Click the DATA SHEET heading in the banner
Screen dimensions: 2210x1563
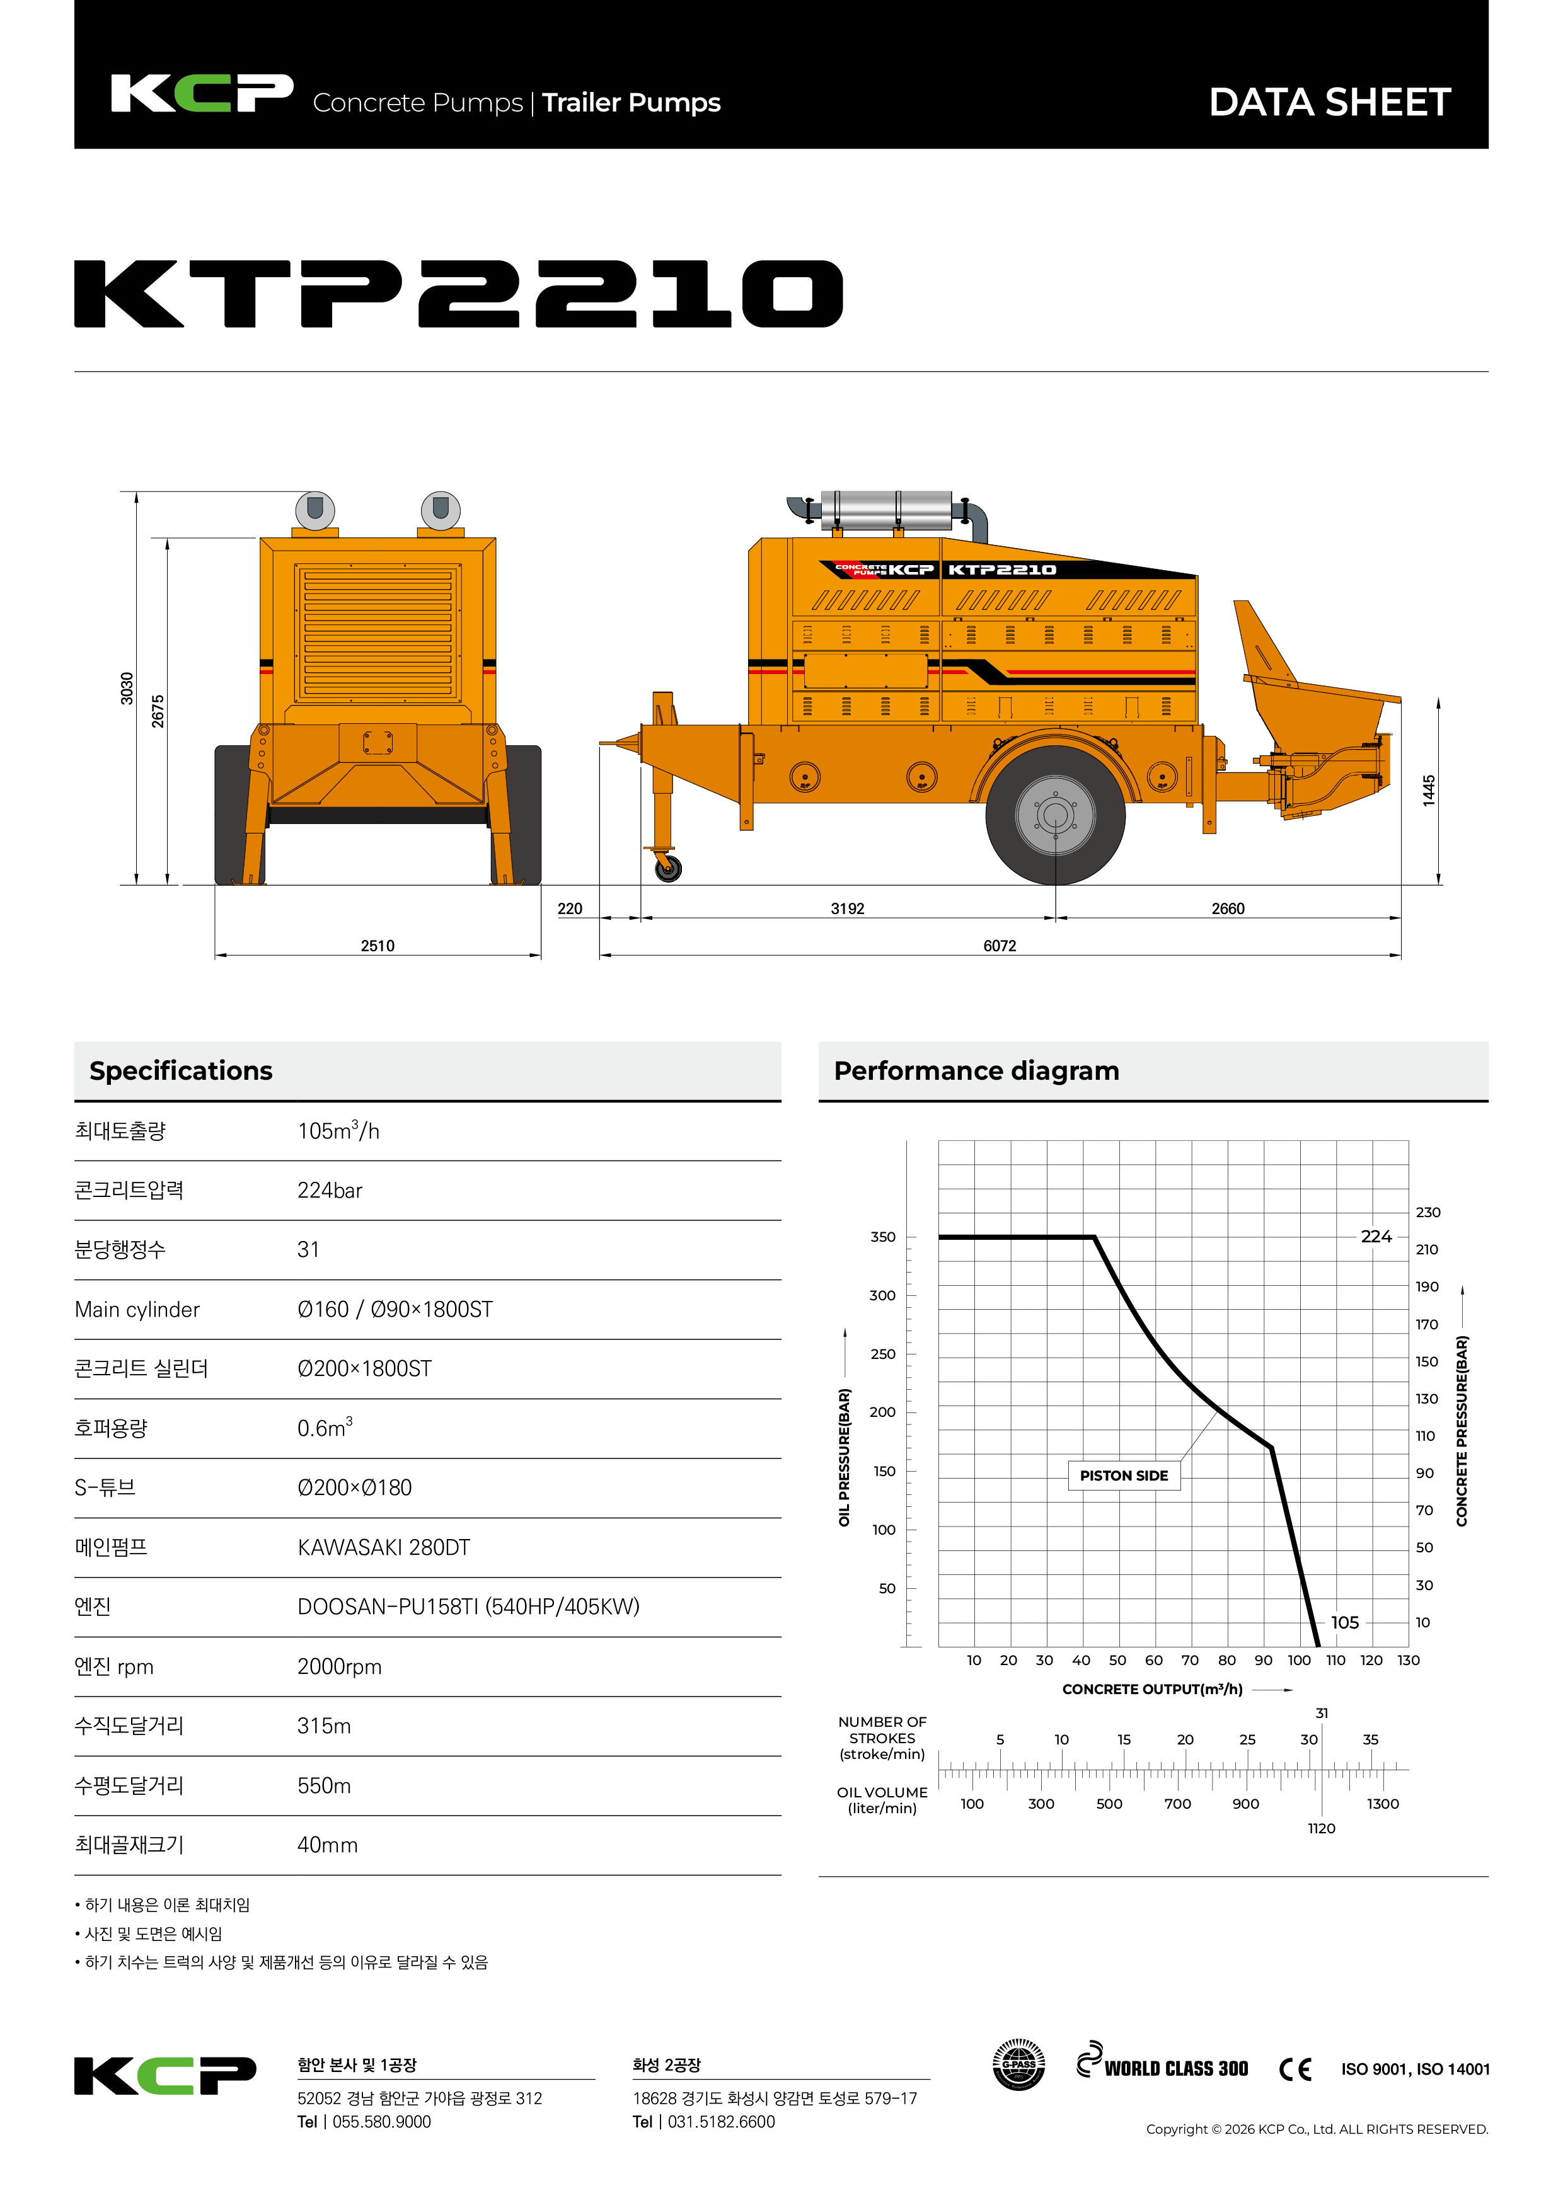(x=1329, y=102)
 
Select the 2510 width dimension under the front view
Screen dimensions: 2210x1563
(x=378, y=945)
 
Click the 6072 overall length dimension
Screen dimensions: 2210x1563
(x=999, y=945)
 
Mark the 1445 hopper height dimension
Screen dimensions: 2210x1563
(x=1429, y=789)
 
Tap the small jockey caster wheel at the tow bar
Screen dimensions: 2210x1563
(x=667, y=868)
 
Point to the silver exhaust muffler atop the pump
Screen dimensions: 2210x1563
(x=886, y=510)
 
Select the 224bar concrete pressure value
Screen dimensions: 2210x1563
(x=330, y=1191)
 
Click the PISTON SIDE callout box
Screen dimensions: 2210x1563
(x=1123, y=1475)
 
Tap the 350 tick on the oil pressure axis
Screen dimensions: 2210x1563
(x=882, y=1237)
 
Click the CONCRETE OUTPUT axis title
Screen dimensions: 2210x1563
(x=1152, y=1689)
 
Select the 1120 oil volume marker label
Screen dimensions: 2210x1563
(x=1321, y=1828)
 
